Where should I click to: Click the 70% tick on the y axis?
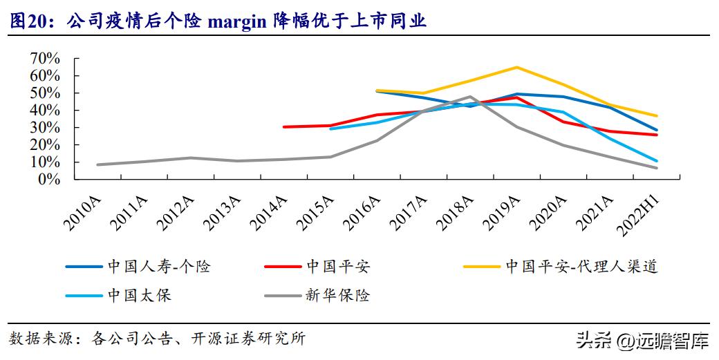point(45,58)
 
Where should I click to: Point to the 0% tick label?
point(48,179)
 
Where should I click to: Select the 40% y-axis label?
point(45,110)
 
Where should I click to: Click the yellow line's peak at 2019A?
point(516,67)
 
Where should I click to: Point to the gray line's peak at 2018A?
point(470,97)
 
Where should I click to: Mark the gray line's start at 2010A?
point(98,164)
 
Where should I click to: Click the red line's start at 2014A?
point(283,127)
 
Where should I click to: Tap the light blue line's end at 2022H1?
point(656,161)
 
